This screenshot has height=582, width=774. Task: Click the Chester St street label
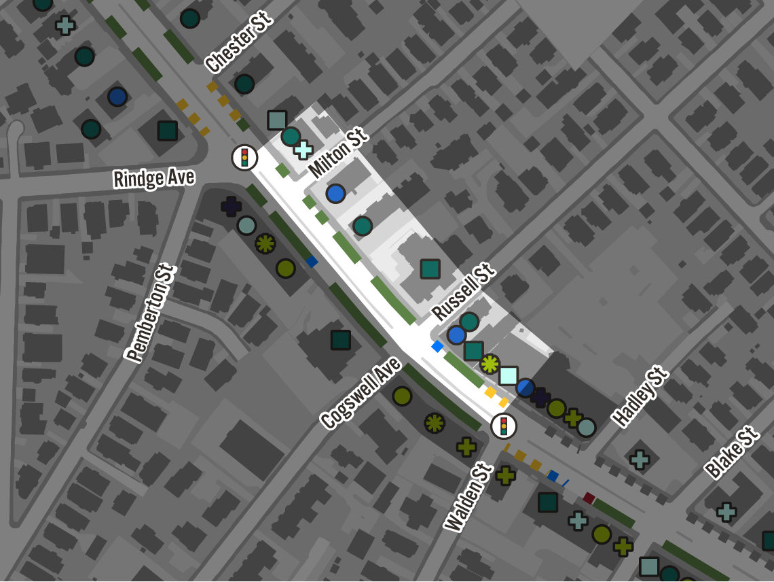tap(238, 42)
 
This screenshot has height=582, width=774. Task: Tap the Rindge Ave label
tap(154, 179)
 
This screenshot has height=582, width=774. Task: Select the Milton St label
tap(337, 152)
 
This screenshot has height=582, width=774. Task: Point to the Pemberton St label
tap(151, 313)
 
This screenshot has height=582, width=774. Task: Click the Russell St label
tap(462, 293)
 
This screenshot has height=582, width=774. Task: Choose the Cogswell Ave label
tap(361, 393)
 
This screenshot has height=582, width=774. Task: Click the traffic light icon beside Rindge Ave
tap(244, 158)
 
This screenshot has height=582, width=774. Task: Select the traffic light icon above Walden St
tap(504, 426)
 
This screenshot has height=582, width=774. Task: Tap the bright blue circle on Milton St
tap(335, 194)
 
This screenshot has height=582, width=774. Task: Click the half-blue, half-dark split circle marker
tap(526, 388)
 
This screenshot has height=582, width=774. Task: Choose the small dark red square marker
tap(589, 498)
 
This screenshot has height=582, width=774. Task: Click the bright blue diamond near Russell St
tap(438, 347)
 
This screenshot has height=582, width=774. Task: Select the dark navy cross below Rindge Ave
tap(231, 206)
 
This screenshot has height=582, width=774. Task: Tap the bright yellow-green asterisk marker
tap(490, 364)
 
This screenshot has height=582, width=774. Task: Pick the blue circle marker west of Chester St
tap(117, 97)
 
